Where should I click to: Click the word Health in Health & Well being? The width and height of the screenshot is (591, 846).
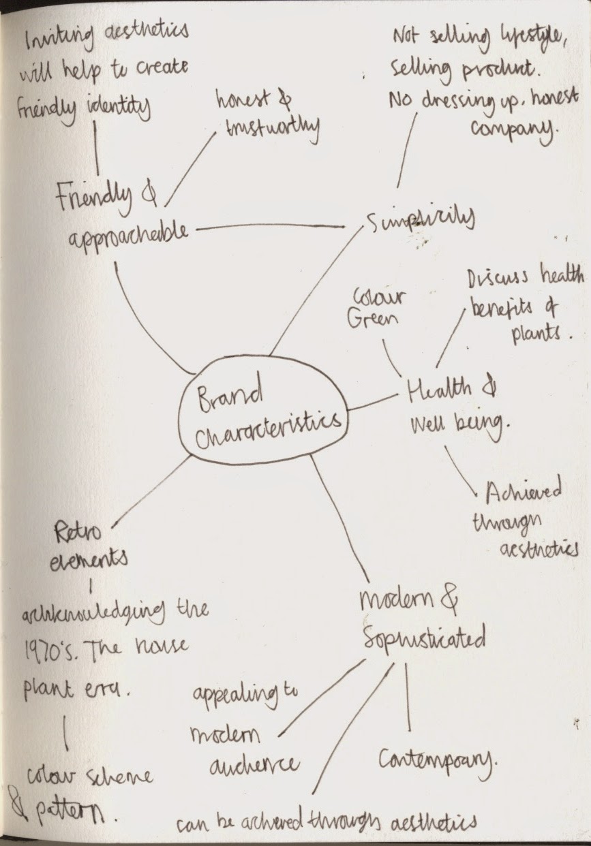click(x=439, y=390)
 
